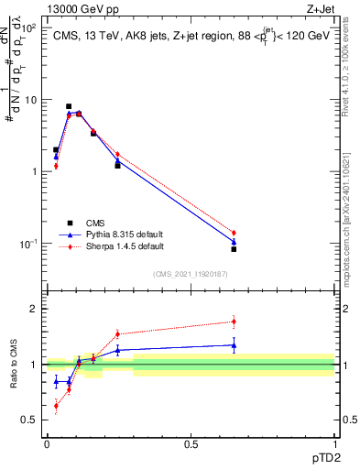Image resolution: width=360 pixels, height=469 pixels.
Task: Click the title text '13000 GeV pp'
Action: coord(79,9)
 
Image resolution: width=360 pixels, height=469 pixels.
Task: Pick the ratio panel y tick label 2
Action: coord(36,309)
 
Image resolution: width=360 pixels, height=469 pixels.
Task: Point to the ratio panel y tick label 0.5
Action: coord(32,420)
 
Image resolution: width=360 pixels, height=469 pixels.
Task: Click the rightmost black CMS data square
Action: coord(234,248)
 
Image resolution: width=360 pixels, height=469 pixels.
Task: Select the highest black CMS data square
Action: coord(69,106)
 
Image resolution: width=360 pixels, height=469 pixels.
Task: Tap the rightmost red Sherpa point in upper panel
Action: coord(234,233)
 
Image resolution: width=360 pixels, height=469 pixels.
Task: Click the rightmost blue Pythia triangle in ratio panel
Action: coord(234,345)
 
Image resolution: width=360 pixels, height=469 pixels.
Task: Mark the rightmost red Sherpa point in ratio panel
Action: coord(234,321)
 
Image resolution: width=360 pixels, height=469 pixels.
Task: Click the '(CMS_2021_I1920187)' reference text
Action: coord(191,274)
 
